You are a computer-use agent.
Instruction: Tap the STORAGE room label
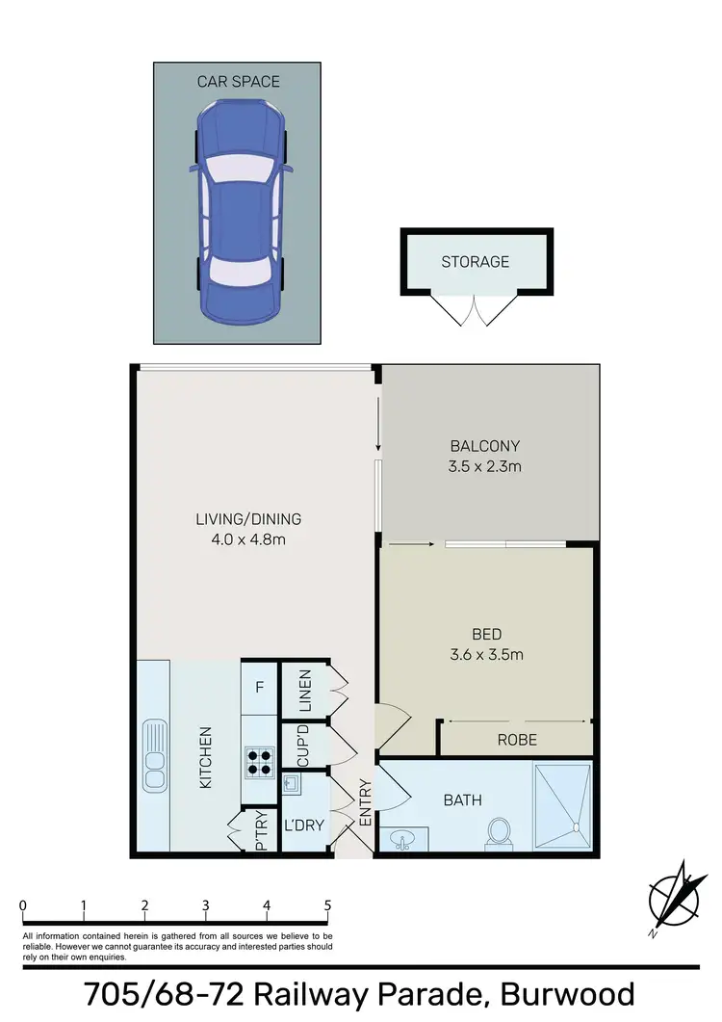(x=476, y=261)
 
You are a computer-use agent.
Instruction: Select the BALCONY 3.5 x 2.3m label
(x=485, y=446)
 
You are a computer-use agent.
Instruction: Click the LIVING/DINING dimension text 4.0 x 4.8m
(x=248, y=539)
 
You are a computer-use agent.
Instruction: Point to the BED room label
(x=485, y=635)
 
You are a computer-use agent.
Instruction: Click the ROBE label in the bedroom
(x=517, y=740)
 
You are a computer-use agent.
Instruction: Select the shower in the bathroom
(x=562, y=798)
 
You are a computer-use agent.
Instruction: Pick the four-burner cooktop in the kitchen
(x=260, y=763)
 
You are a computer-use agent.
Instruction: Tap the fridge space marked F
(x=259, y=688)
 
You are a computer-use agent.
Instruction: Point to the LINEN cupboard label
(x=304, y=690)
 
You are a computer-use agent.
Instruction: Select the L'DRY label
(x=304, y=825)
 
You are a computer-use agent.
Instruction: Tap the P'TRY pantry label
(x=261, y=835)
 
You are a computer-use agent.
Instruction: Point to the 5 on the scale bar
(x=328, y=905)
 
